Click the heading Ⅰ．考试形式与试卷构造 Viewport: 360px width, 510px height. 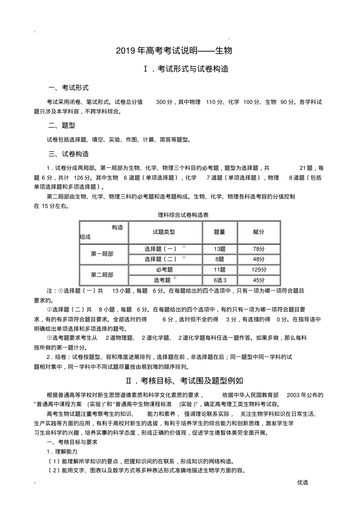pos(186,69)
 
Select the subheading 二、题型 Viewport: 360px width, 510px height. pos(61,125)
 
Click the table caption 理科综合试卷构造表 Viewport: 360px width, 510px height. pos(180,214)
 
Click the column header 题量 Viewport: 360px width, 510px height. pos(220,232)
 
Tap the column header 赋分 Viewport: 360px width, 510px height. pos(259,232)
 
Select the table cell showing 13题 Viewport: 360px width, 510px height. pos(220,249)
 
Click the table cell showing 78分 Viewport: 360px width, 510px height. pos(259,249)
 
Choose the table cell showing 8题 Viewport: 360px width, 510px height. pos(220,259)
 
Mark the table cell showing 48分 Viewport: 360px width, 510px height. pos(259,259)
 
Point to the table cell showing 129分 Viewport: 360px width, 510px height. pos(259,270)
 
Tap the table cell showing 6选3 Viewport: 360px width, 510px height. pos(220,280)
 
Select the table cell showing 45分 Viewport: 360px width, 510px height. pos(259,280)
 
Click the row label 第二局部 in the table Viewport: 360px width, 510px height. pos(102,275)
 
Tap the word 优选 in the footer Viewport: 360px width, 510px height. pos(302,482)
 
